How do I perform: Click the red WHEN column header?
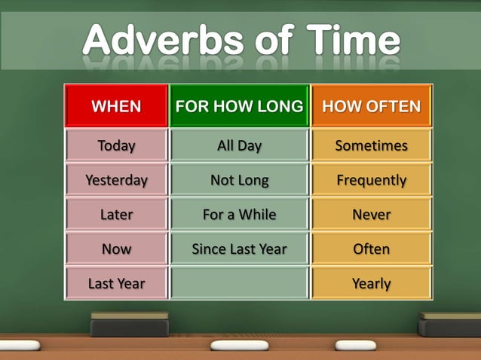click(116, 106)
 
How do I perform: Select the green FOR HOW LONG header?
click(239, 106)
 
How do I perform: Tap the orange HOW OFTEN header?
click(371, 106)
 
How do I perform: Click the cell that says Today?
click(116, 145)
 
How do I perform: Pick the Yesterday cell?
click(116, 180)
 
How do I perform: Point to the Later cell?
click(116, 215)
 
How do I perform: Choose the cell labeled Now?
click(116, 249)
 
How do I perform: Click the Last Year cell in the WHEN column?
click(116, 283)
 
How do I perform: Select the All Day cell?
click(239, 145)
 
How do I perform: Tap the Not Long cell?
click(239, 180)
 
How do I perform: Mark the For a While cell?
click(239, 215)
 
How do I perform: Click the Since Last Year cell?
click(239, 249)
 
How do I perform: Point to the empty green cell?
click(239, 283)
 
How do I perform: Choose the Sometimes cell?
click(371, 145)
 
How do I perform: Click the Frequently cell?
click(371, 180)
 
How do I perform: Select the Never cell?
click(371, 215)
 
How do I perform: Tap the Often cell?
click(371, 249)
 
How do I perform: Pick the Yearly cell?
click(371, 283)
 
